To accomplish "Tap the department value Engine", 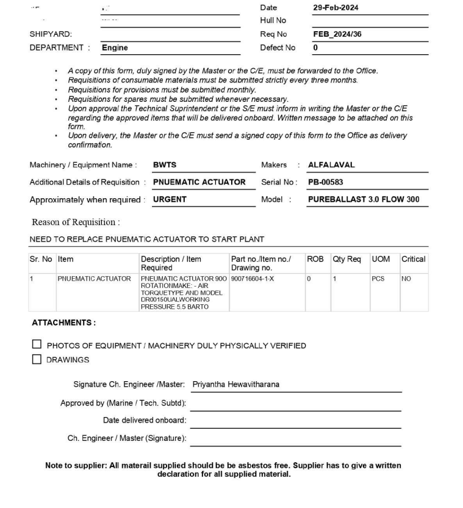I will click(x=115, y=48).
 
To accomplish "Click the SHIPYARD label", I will click(x=51, y=34).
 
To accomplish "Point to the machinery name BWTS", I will click(x=164, y=165).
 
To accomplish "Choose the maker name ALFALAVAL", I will click(x=331, y=165).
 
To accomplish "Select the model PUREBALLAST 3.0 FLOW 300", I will click(x=363, y=199).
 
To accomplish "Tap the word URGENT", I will click(x=170, y=199).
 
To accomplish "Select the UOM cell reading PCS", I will click(x=378, y=279).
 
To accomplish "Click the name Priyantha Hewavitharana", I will click(x=235, y=385).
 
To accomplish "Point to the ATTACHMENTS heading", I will click(x=63, y=323).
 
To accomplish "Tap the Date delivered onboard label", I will click(x=145, y=420).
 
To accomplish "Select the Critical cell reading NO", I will click(x=406, y=279).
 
